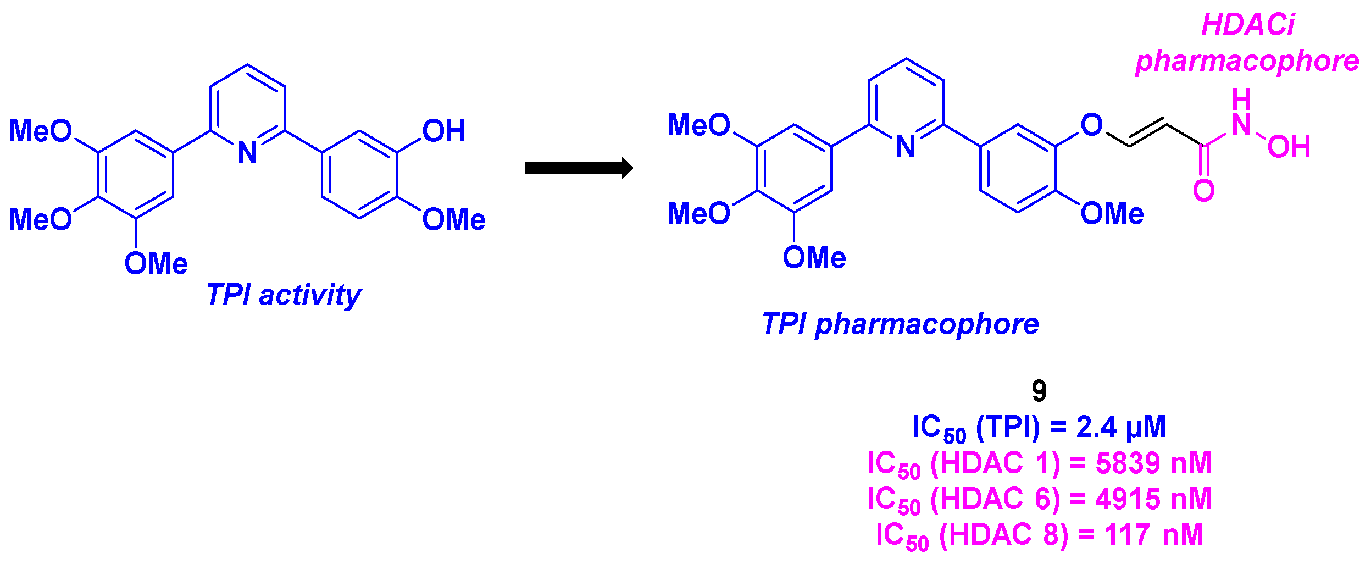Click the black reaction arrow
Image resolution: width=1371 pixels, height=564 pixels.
coord(578,168)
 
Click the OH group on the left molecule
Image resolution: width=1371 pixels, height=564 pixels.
coord(443,131)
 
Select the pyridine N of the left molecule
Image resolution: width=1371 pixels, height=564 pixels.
coord(247,153)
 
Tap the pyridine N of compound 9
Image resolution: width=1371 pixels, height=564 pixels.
coord(906,147)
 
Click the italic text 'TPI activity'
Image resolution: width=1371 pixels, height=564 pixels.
coord(284,295)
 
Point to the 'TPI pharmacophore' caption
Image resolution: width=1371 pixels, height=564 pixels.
coord(900,324)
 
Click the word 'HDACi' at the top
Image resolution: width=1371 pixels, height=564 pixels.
coord(1247,25)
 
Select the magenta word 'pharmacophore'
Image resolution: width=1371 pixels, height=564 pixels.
coord(1247,60)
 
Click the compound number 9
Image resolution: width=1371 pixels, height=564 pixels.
coord(1039,391)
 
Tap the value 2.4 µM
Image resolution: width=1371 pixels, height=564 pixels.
coord(1120,427)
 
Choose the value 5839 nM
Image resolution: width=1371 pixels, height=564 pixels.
coord(1153,463)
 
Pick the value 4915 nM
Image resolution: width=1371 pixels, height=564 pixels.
coord(1153,499)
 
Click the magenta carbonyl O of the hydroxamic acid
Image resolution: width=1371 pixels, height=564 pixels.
coord(1203,191)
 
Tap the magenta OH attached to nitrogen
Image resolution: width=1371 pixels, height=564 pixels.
coord(1289,147)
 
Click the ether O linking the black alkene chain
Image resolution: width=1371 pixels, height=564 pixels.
coord(1091,125)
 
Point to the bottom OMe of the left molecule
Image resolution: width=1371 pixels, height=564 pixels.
coord(156,263)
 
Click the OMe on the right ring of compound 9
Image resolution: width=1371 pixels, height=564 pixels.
coord(1112,213)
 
